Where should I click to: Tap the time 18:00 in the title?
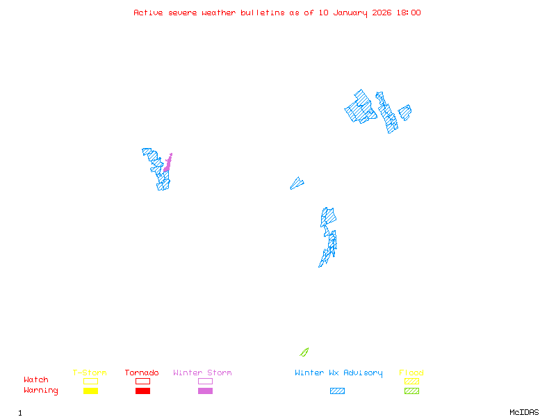tap(409, 13)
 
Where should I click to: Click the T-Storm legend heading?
tap(90, 373)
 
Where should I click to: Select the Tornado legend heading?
tap(142, 373)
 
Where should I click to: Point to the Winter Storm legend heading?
tap(202, 373)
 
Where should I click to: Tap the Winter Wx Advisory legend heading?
tap(338, 373)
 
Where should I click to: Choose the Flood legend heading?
tap(411, 373)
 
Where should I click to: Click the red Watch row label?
tap(36, 380)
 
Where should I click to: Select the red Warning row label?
tap(41, 391)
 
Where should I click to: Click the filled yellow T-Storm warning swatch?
tap(90, 391)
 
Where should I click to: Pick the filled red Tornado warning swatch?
tap(142, 391)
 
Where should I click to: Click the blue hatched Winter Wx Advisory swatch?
tap(337, 391)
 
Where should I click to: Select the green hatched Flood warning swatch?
tap(411, 391)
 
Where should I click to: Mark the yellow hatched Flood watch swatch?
tap(411, 381)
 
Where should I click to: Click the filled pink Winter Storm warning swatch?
tap(205, 391)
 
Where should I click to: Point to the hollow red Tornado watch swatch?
tap(142, 381)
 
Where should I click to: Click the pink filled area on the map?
tap(167, 165)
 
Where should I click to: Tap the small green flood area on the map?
tap(304, 352)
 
